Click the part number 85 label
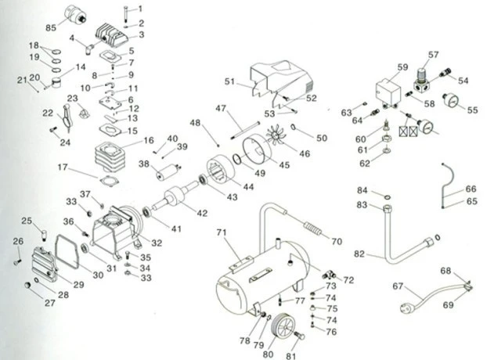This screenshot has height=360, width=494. pyautogui.click(x=51, y=27)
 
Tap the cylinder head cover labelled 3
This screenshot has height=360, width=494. pyautogui.click(x=112, y=35)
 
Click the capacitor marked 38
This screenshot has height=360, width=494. pyautogui.click(x=169, y=171)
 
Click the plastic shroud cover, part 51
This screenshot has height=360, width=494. pyautogui.click(x=280, y=82)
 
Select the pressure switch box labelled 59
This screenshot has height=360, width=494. pyautogui.click(x=388, y=92)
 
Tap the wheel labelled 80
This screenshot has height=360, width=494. pyautogui.click(x=283, y=326)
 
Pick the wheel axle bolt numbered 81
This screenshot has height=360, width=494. pyautogui.click(x=299, y=335)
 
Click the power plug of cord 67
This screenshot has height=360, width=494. pyautogui.click(x=408, y=308)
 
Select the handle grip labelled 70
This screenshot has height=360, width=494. pyautogui.click(x=312, y=229)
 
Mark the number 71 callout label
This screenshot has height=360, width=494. pyautogui.click(x=222, y=232)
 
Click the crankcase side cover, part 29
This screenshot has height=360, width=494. pyautogui.click(x=45, y=264)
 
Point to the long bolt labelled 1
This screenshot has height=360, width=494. pyautogui.click(x=126, y=13)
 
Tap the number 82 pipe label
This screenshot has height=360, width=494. pyautogui.click(x=359, y=254)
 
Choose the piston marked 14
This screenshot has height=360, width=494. pyautogui.click(x=56, y=83)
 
